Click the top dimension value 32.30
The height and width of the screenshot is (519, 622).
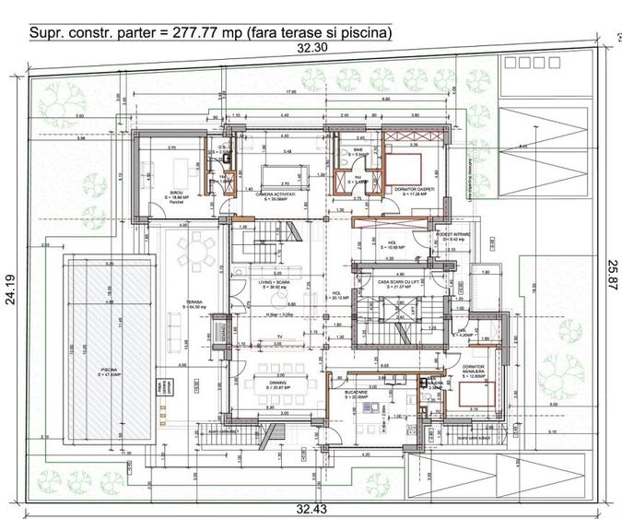pyautogui.click(x=311, y=48)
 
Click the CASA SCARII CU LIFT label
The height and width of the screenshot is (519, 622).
pyautogui.click(x=396, y=283)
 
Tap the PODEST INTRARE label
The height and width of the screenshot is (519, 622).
pyautogui.click(x=452, y=235)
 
